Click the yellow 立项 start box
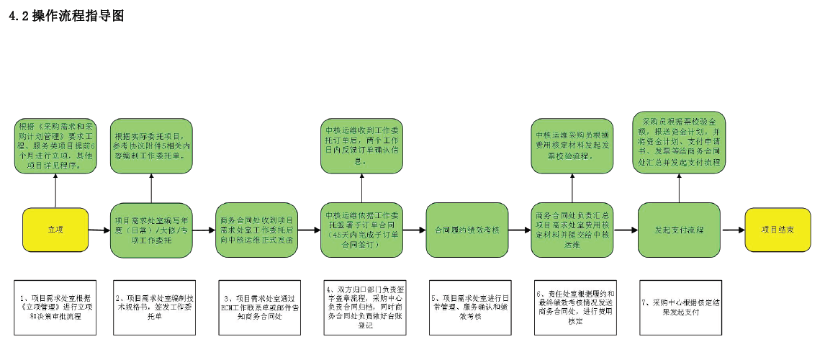coord(55,230)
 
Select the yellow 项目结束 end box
coord(777,230)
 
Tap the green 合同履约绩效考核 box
coord(467,230)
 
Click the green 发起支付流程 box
coord(679,230)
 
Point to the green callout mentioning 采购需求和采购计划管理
coord(55,146)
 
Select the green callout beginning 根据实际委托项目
coord(151,146)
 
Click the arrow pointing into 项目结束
coord(733,230)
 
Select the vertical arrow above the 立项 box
coord(55,191)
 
